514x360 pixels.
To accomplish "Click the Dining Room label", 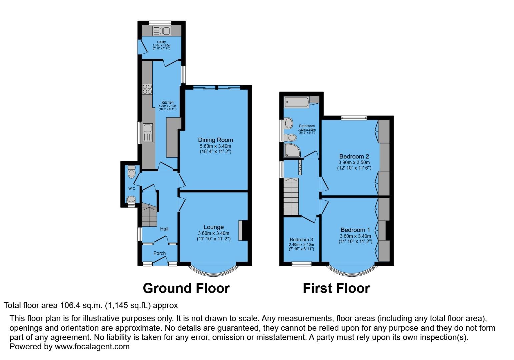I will click(x=215, y=140).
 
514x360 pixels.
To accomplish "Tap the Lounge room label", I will click(x=213, y=227).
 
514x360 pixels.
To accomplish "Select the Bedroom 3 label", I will click(x=301, y=240).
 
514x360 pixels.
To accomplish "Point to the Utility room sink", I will click(x=162, y=31).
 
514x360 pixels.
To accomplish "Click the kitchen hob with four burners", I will click(x=147, y=89).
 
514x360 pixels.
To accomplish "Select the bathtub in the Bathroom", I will click(x=297, y=102).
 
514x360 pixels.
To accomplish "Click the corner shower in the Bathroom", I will click(x=292, y=150).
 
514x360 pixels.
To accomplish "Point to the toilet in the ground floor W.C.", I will click(x=132, y=172).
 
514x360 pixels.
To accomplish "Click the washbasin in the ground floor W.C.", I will click(x=131, y=199).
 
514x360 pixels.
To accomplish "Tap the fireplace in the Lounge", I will click(x=240, y=230).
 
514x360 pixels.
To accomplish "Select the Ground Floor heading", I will click(x=186, y=288).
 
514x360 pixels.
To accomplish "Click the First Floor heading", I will click(x=336, y=288).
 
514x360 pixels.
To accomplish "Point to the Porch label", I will click(x=159, y=253).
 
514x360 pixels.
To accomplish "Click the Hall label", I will click(x=164, y=229).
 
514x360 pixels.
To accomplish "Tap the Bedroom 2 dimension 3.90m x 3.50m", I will click(x=354, y=162).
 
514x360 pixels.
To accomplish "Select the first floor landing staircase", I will click(x=291, y=197).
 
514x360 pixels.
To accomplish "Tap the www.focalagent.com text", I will click(x=92, y=347).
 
